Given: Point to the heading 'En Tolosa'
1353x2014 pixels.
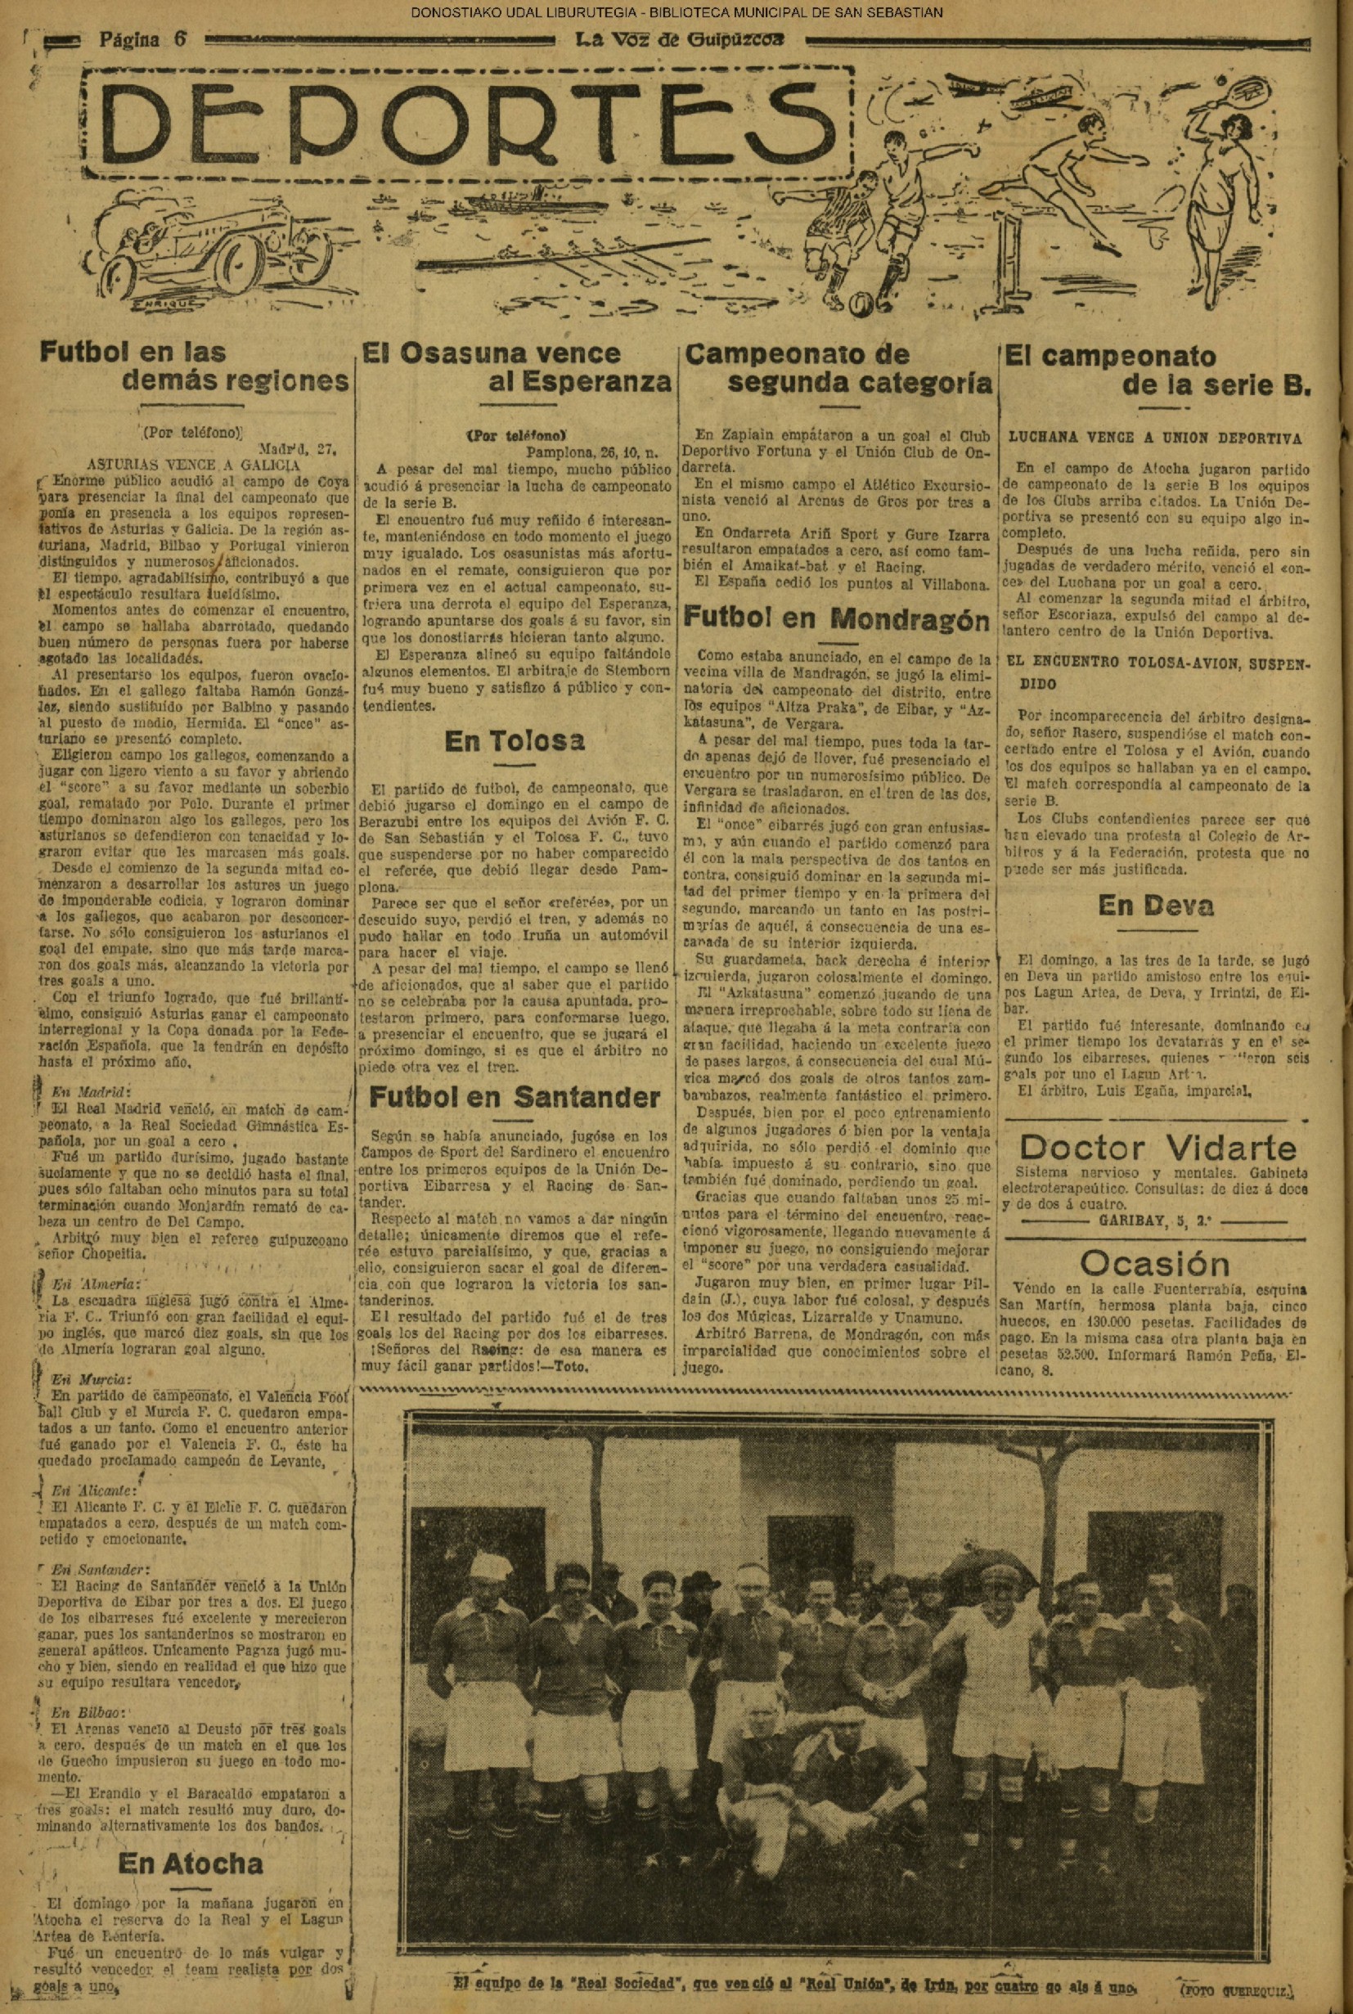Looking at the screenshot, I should (515, 740).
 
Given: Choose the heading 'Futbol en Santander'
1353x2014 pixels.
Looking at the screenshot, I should (515, 1097).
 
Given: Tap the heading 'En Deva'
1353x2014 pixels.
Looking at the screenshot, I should (1155, 906).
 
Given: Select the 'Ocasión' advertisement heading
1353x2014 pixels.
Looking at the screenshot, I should (1154, 1263).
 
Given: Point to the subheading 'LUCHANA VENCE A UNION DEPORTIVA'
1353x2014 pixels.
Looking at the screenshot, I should (1154, 438).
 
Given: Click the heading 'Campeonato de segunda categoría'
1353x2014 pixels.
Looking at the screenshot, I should (837, 368).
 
